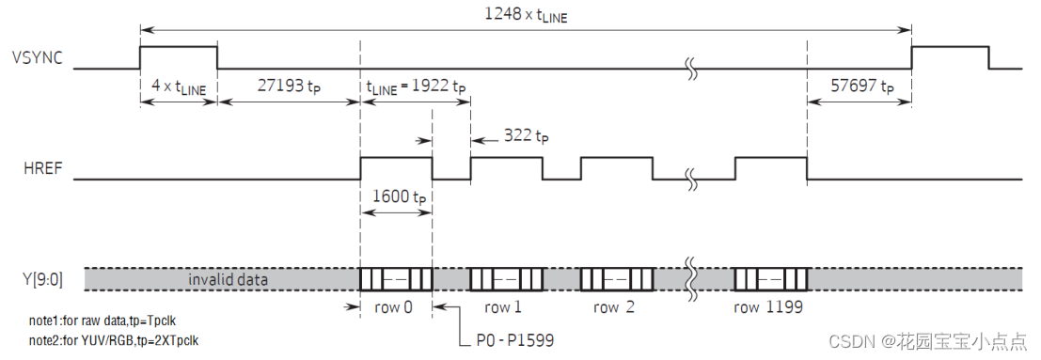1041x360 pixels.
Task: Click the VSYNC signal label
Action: (x=38, y=57)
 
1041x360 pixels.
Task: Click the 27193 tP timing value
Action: (x=289, y=87)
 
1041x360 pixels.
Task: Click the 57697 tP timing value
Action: (x=861, y=87)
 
